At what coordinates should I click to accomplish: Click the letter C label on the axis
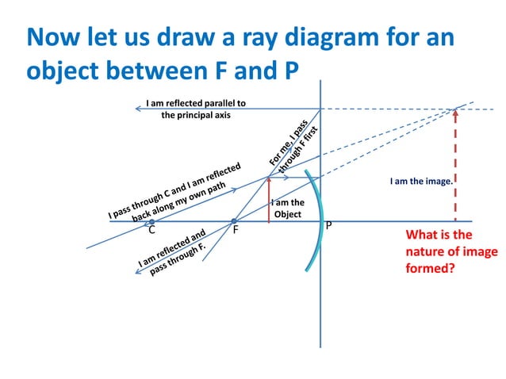pyautogui.click(x=151, y=231)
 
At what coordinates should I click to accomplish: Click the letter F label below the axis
pyautogui.click(x=236, y=231)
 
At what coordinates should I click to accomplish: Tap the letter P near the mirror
pyautogui.click(x=329, y=226)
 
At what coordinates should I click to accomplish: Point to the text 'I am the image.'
pyautogui.click(x=421, y=181)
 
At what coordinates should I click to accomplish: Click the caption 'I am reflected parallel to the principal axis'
pyautogui.click(x=196, y=109)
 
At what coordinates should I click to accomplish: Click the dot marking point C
pyautogui.click(x=151, y=221)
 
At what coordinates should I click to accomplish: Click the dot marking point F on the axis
pyautogui.click(x=234, y=221)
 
